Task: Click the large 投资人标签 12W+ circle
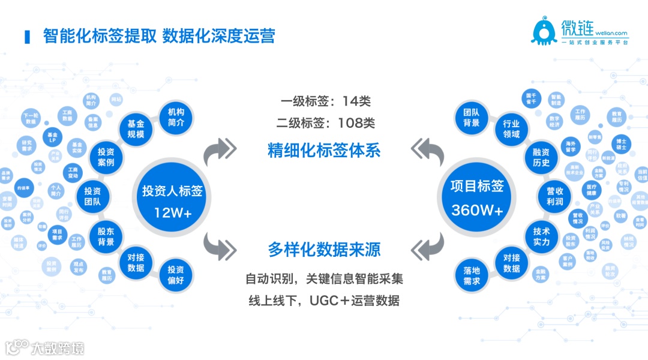coord(172,201)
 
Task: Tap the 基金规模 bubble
coord(136,129)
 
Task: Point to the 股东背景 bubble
coord(106,236)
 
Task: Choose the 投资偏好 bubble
coord(176,275)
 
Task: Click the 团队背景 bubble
coord(472,117)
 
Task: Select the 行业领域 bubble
coord(511,128)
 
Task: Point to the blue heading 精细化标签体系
coord(324,150)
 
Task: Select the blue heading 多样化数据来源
coord(324,249)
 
